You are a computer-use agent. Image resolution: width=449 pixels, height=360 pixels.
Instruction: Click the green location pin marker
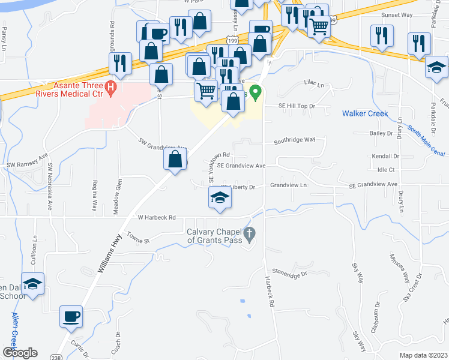coord(256,93)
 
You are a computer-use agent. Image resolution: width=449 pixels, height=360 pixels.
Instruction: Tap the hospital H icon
coord(110,89)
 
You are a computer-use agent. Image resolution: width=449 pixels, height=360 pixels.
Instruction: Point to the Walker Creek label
coord(365,113)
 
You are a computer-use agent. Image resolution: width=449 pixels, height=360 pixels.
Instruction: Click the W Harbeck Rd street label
coord(156,217)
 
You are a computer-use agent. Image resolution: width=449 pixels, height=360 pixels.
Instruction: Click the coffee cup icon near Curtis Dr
coord(71,316)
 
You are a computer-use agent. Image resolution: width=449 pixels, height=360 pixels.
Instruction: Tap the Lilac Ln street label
coord(313,85)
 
